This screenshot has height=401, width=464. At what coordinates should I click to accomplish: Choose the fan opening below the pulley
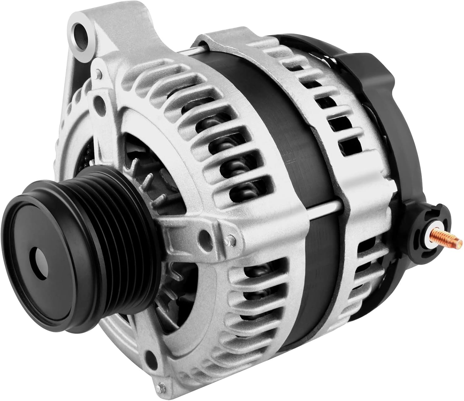pos(173,294)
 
